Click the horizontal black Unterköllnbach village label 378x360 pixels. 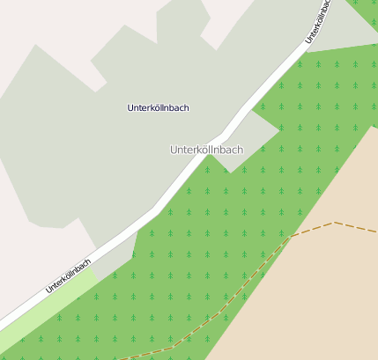(x=158, y=107)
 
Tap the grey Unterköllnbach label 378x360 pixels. (x=206, y=150)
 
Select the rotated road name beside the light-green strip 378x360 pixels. (x=69, y=276)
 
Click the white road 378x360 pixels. (x=203, y=158)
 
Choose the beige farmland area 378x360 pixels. (x=326, y=290)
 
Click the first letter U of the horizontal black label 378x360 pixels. (x=130, y=107)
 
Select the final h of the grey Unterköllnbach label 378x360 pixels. (x=240, y=150)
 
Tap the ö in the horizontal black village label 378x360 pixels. (x=157, y=107)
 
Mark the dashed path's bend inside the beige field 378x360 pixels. (x=335, y=223)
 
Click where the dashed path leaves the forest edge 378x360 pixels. (x=292, y=235)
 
